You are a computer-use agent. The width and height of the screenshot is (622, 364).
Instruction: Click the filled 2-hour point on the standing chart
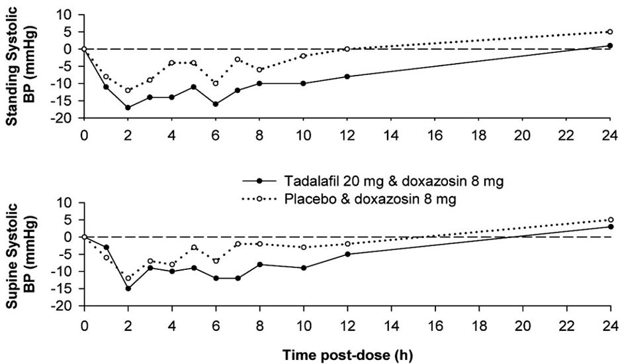[x=128, y=107]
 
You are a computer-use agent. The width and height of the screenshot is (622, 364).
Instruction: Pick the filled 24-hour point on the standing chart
[x=610, y=46]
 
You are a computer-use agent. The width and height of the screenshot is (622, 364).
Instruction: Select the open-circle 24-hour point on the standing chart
[x=610, y=32]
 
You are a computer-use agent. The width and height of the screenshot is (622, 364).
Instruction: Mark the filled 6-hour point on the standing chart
[x=216, y=104]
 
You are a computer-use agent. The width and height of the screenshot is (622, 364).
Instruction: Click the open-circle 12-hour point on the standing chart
[x=347, y=49]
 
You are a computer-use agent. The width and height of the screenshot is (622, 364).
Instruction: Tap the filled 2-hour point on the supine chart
[x=128, y=288]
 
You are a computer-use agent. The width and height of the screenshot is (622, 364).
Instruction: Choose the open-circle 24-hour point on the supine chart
[x=610, y=219]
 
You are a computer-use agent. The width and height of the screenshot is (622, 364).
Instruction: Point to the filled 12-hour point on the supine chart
[x=347, y=254]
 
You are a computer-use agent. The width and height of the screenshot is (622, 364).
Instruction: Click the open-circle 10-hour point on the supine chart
[x=303, y=247]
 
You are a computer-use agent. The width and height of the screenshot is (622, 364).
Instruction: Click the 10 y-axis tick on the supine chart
[x=66, y=202]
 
